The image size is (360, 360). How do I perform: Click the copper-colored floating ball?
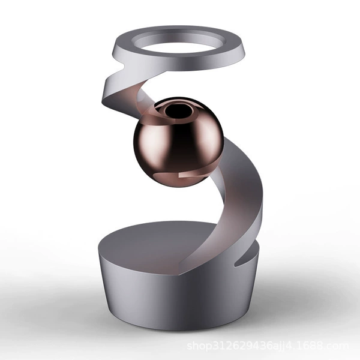[x=178, y=142]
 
